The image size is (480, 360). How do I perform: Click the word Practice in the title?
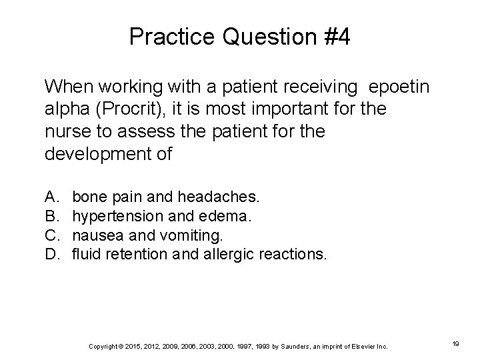click(171, 37)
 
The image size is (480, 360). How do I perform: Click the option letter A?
click(50, 197)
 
